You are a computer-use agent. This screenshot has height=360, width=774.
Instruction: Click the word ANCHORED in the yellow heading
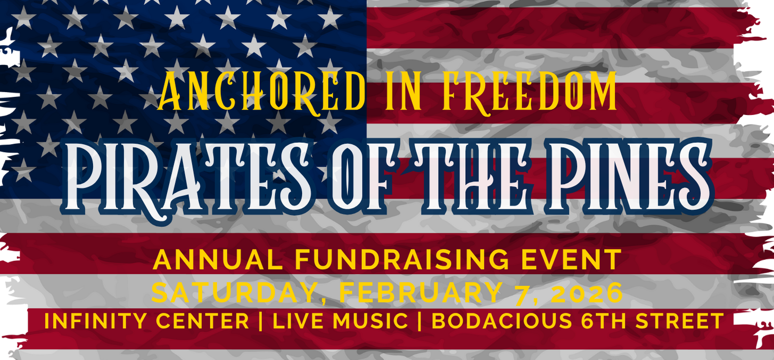262,92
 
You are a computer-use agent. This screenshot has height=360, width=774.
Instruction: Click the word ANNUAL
218,259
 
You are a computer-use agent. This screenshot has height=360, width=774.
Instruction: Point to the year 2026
587,292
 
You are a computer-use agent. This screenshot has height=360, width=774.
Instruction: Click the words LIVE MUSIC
341,321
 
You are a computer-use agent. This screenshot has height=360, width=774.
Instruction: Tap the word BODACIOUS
502,321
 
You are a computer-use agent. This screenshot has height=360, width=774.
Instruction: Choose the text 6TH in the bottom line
603,321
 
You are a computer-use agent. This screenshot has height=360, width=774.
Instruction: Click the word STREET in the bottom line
679,321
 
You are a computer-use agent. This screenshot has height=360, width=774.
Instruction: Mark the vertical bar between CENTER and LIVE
261,321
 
